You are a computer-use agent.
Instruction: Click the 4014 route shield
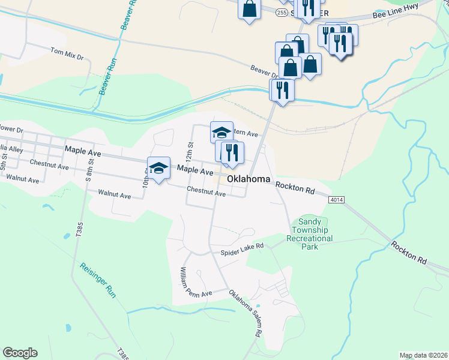[x=336, y=199]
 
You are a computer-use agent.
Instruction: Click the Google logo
[x=20, y=353]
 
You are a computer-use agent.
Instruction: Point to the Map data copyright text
[x=423, y=355]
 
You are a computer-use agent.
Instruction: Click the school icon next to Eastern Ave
[x=221, y=131]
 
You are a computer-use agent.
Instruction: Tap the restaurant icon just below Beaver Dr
[x=281, y=89]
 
